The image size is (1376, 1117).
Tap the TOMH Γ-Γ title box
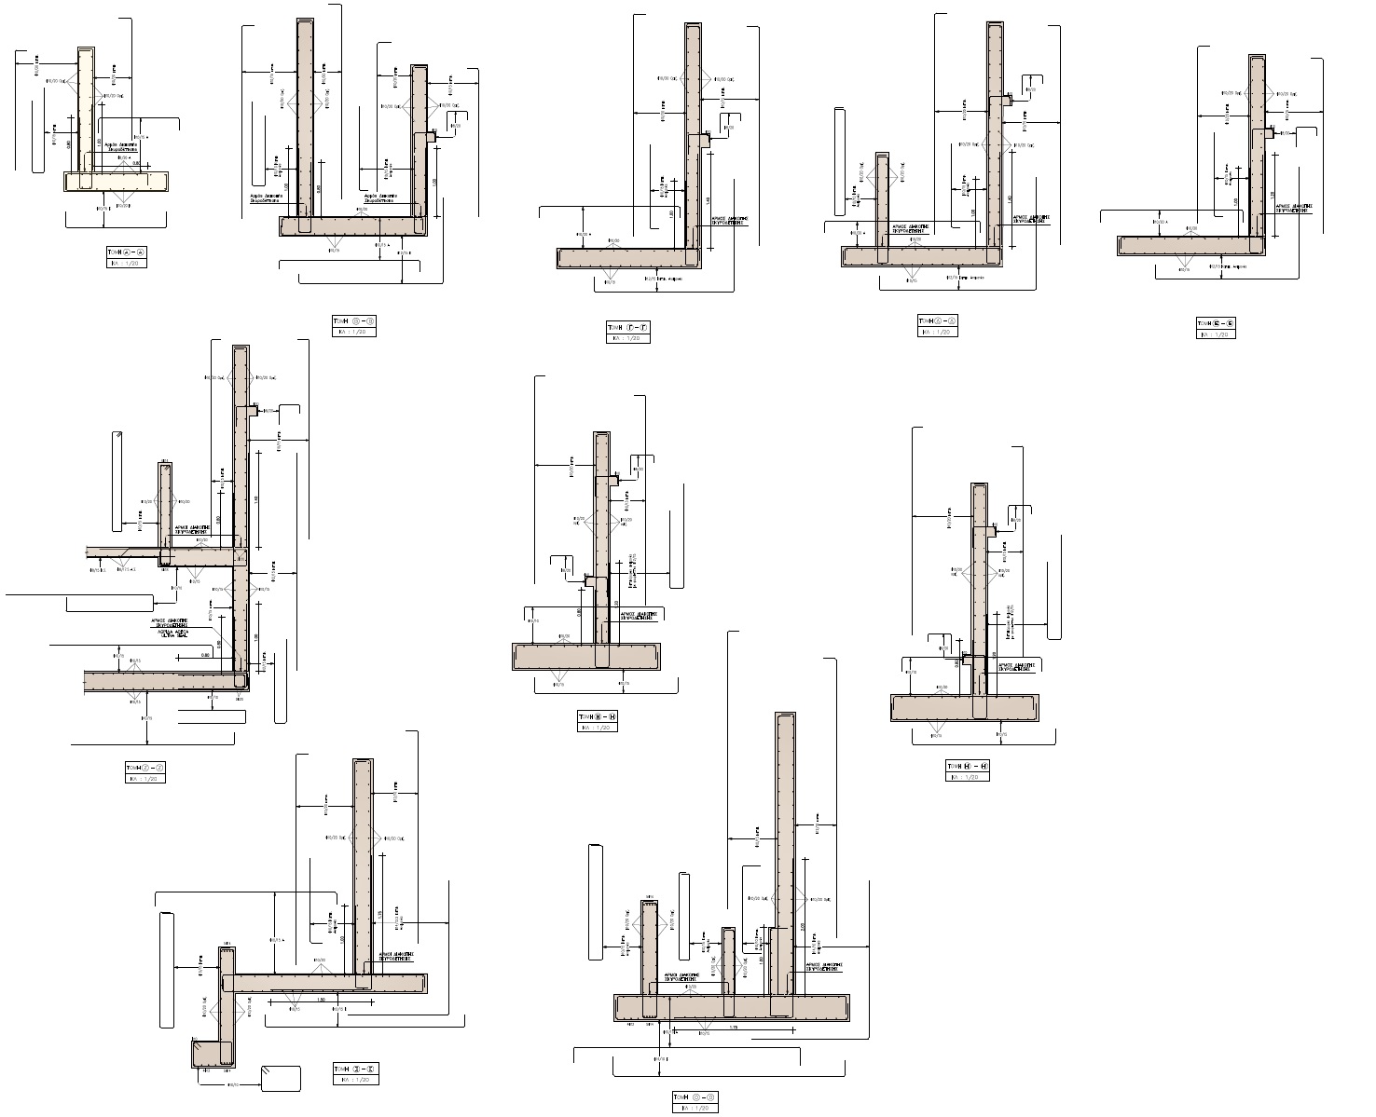[627, 328]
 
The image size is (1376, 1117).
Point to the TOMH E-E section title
[1216, 323]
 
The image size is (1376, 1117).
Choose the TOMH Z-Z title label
[144, 768]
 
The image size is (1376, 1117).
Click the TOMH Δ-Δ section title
[936, 321]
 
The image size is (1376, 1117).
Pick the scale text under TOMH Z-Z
[144, 778]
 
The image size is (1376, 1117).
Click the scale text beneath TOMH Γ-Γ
[627, 338]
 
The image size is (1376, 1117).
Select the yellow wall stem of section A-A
[87, 112]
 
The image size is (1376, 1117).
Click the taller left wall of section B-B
[304, 121]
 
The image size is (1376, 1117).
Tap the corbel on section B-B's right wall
[431, 137]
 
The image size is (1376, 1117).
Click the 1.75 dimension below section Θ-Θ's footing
[733, 1028]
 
